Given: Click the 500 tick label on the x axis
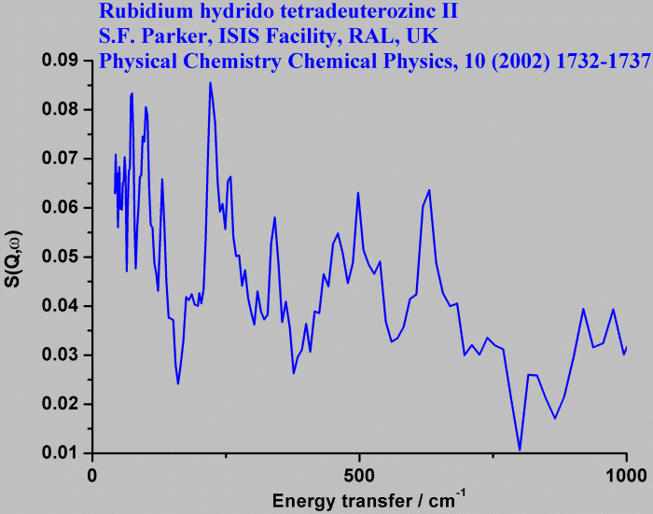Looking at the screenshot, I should click(x=359, y=476).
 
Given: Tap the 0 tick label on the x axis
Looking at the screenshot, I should click(x=92, y=476).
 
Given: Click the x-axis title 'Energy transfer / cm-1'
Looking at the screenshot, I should click(x=368, y=501).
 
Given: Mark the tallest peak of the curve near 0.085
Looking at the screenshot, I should click(x=210, y=83).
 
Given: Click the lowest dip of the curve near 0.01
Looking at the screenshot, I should click(x=520, y=451).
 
